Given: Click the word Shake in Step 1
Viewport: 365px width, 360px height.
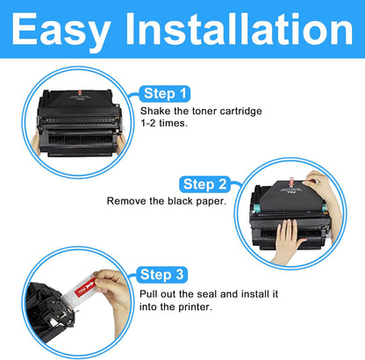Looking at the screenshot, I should pos(156,112).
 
